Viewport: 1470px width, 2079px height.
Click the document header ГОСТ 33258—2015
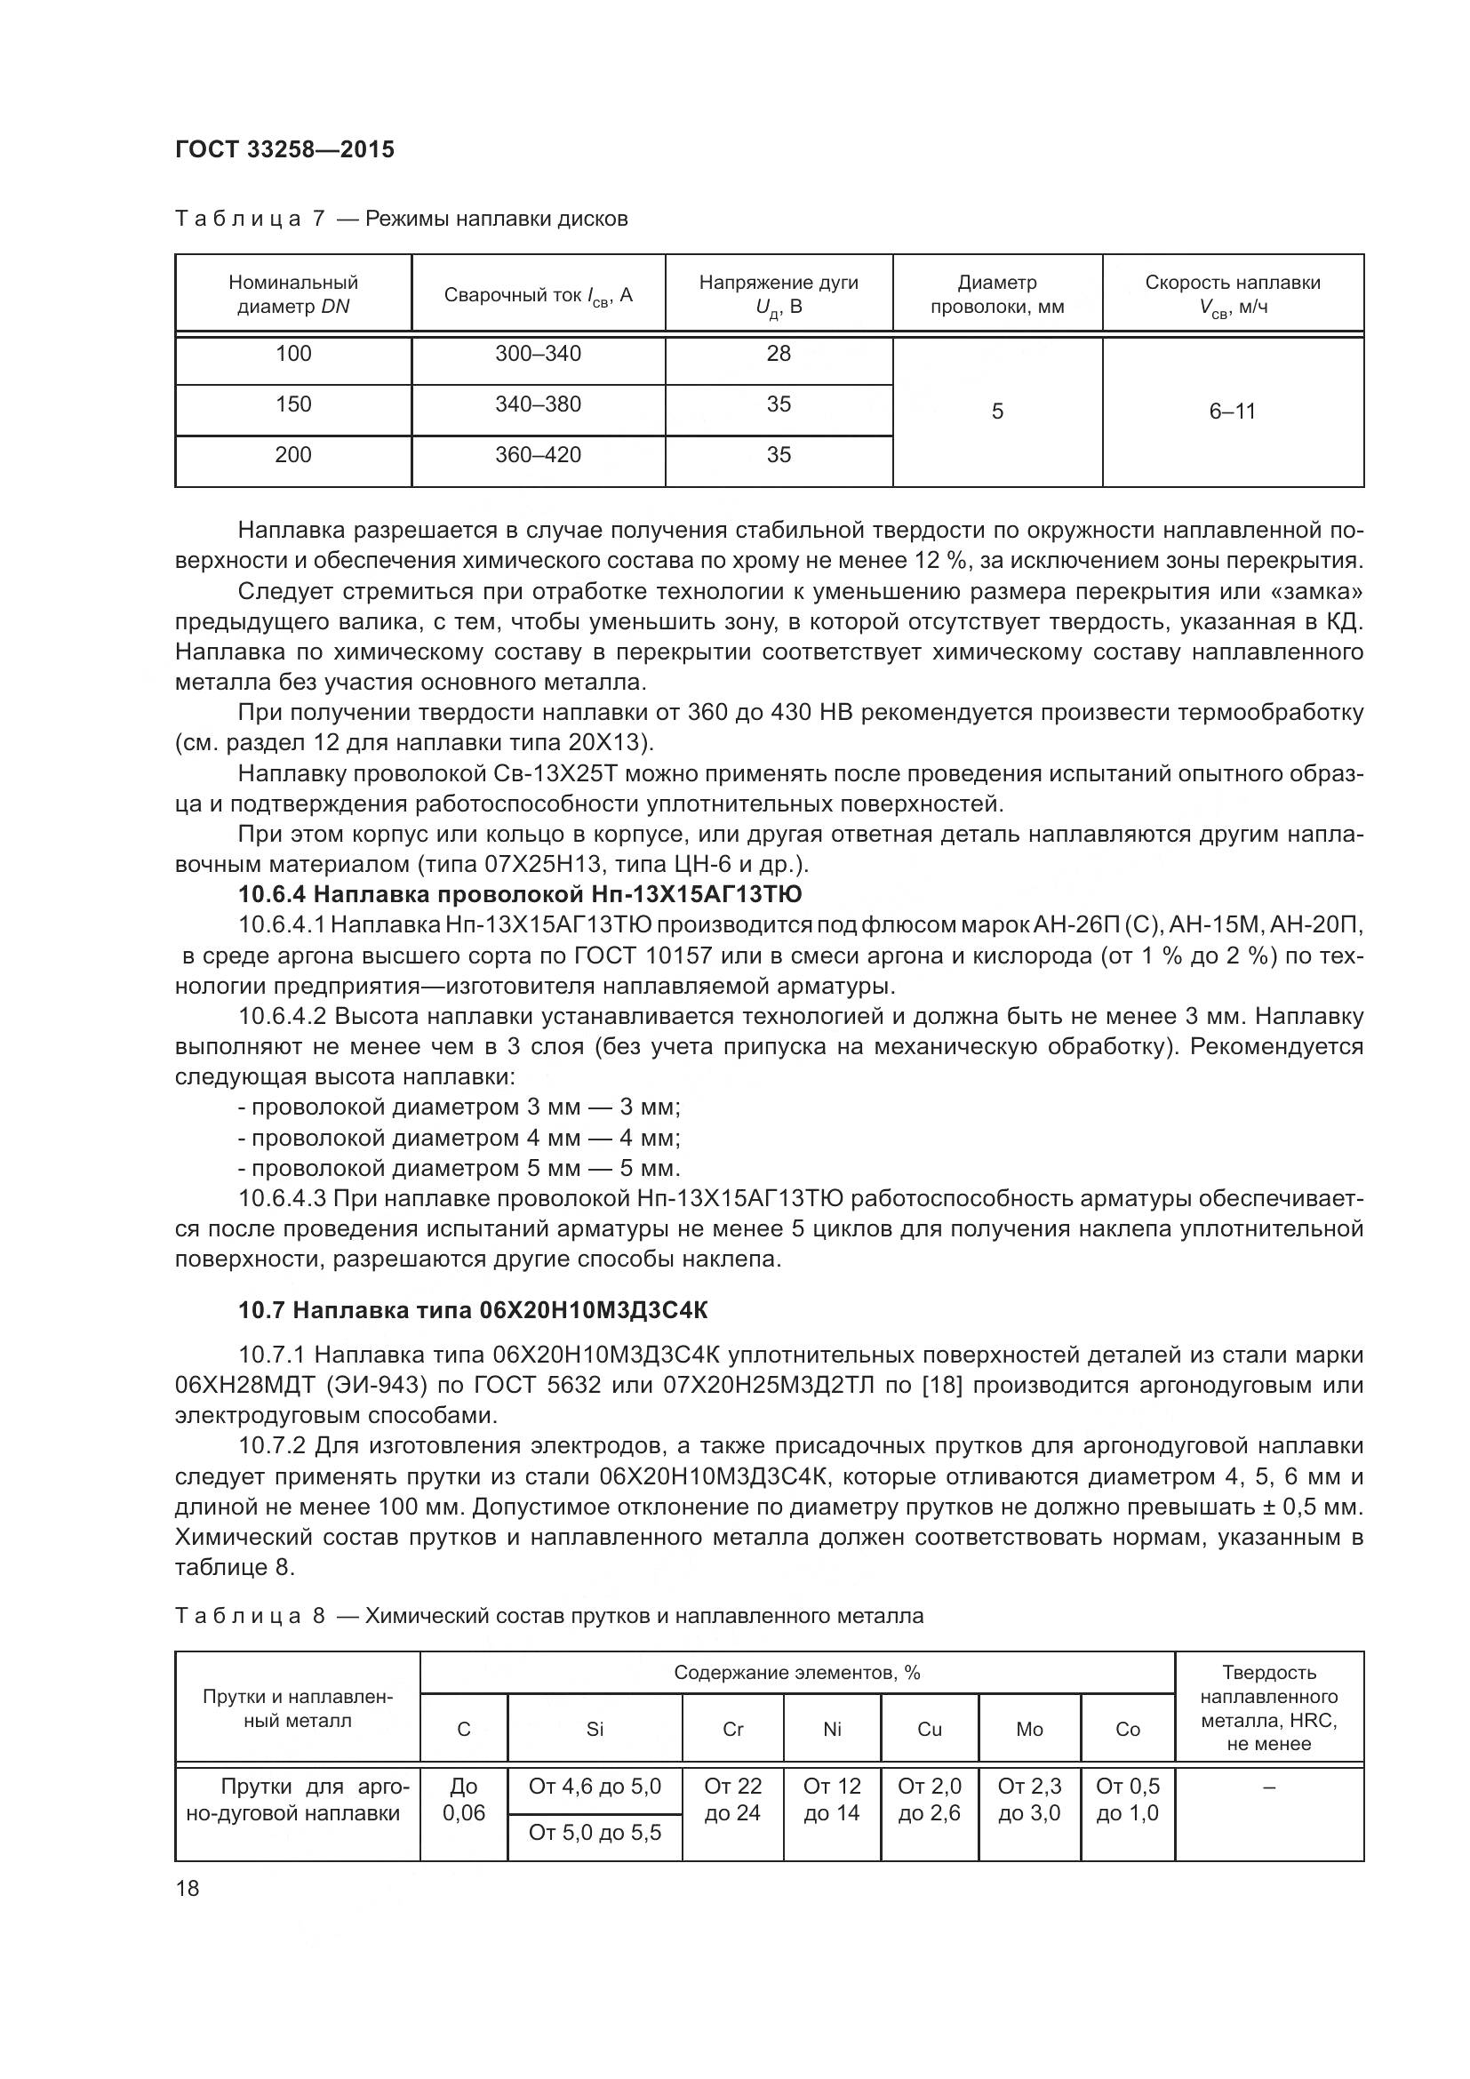tap(284, 149)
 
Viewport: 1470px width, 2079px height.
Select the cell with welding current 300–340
tap(538, 354)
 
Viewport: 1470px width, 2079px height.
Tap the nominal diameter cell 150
tap(293, 404)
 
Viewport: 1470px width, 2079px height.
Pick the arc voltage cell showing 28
tap(779, 354)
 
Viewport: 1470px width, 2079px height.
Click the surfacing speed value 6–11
tap(1232, 412)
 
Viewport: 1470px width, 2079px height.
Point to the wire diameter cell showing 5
tap(996, 412)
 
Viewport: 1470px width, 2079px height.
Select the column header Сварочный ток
tap(538, 295)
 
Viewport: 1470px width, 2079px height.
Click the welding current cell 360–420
tap(538, 455)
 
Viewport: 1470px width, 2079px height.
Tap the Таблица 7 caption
tap(401, 220)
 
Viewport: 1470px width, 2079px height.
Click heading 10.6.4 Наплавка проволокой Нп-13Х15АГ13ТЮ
tap(520, 895)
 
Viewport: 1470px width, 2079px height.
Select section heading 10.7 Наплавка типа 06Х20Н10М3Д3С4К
tap(473, 1310)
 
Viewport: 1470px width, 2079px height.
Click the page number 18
tap(188, 1889)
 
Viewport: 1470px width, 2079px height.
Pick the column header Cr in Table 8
tap(732, 1730)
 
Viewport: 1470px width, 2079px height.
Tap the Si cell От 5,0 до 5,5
tap(595, 1833)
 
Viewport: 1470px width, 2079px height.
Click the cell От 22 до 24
tap(732, 1799)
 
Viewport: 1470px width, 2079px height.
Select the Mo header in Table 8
tap(1029, 1730)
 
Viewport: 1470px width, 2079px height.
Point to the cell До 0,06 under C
tap(463, 1799)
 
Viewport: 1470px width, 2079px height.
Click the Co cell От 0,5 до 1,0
tap(1127, 1799)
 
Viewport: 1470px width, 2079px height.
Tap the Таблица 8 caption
tap(548, 1616)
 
